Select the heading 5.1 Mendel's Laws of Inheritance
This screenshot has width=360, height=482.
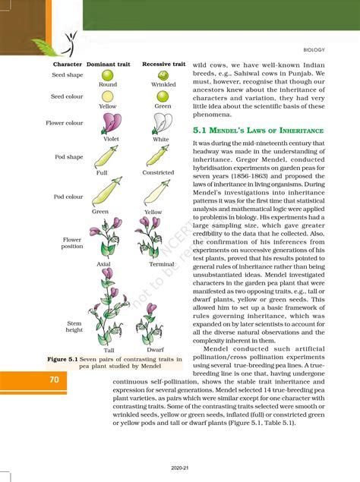click(259, 131)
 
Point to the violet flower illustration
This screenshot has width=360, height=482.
click(111, 124)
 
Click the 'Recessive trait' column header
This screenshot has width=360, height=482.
click(164, 65)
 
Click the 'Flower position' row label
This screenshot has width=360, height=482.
click(73, 243)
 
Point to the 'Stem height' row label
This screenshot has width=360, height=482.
click(74, 326)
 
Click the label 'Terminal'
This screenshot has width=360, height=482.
click(162, 264)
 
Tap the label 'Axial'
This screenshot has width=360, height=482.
click(104, 264)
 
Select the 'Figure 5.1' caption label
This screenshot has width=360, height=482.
click(67, 358)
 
